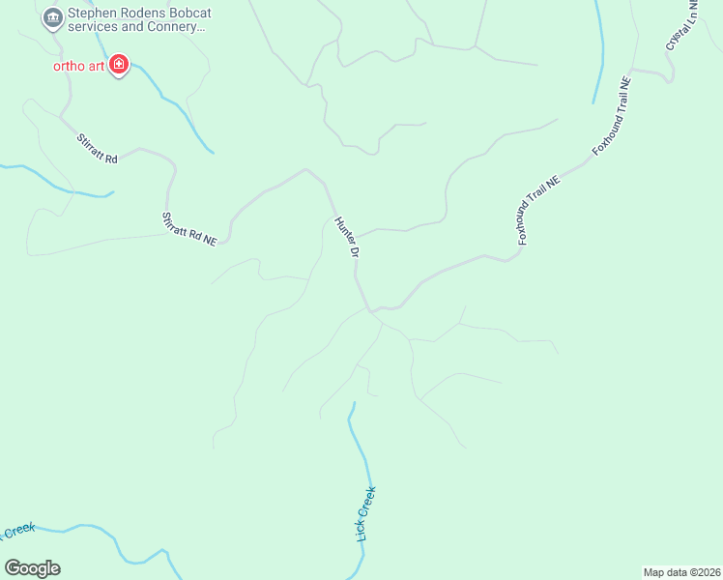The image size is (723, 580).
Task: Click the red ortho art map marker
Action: [119, 66]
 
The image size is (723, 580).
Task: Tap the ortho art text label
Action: [77, 66]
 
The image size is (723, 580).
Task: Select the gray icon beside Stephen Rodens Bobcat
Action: [51, 16]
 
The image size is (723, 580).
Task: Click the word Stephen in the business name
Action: [92, 14]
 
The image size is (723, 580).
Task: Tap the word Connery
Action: [175, 27]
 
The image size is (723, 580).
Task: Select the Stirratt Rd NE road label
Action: [189, 229]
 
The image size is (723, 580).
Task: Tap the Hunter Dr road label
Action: [347, 237]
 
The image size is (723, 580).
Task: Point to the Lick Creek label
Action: [366, 513]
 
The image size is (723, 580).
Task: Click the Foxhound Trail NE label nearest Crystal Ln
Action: [612, 116]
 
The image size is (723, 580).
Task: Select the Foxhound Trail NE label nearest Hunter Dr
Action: [538, 211]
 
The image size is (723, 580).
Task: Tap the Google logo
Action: [32, 568]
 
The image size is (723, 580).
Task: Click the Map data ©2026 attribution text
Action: [681, 572]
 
